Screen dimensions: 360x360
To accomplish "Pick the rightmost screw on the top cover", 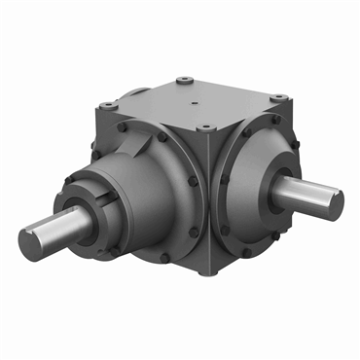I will point(280,97).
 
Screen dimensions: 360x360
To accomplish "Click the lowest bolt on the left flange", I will point(164,257).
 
